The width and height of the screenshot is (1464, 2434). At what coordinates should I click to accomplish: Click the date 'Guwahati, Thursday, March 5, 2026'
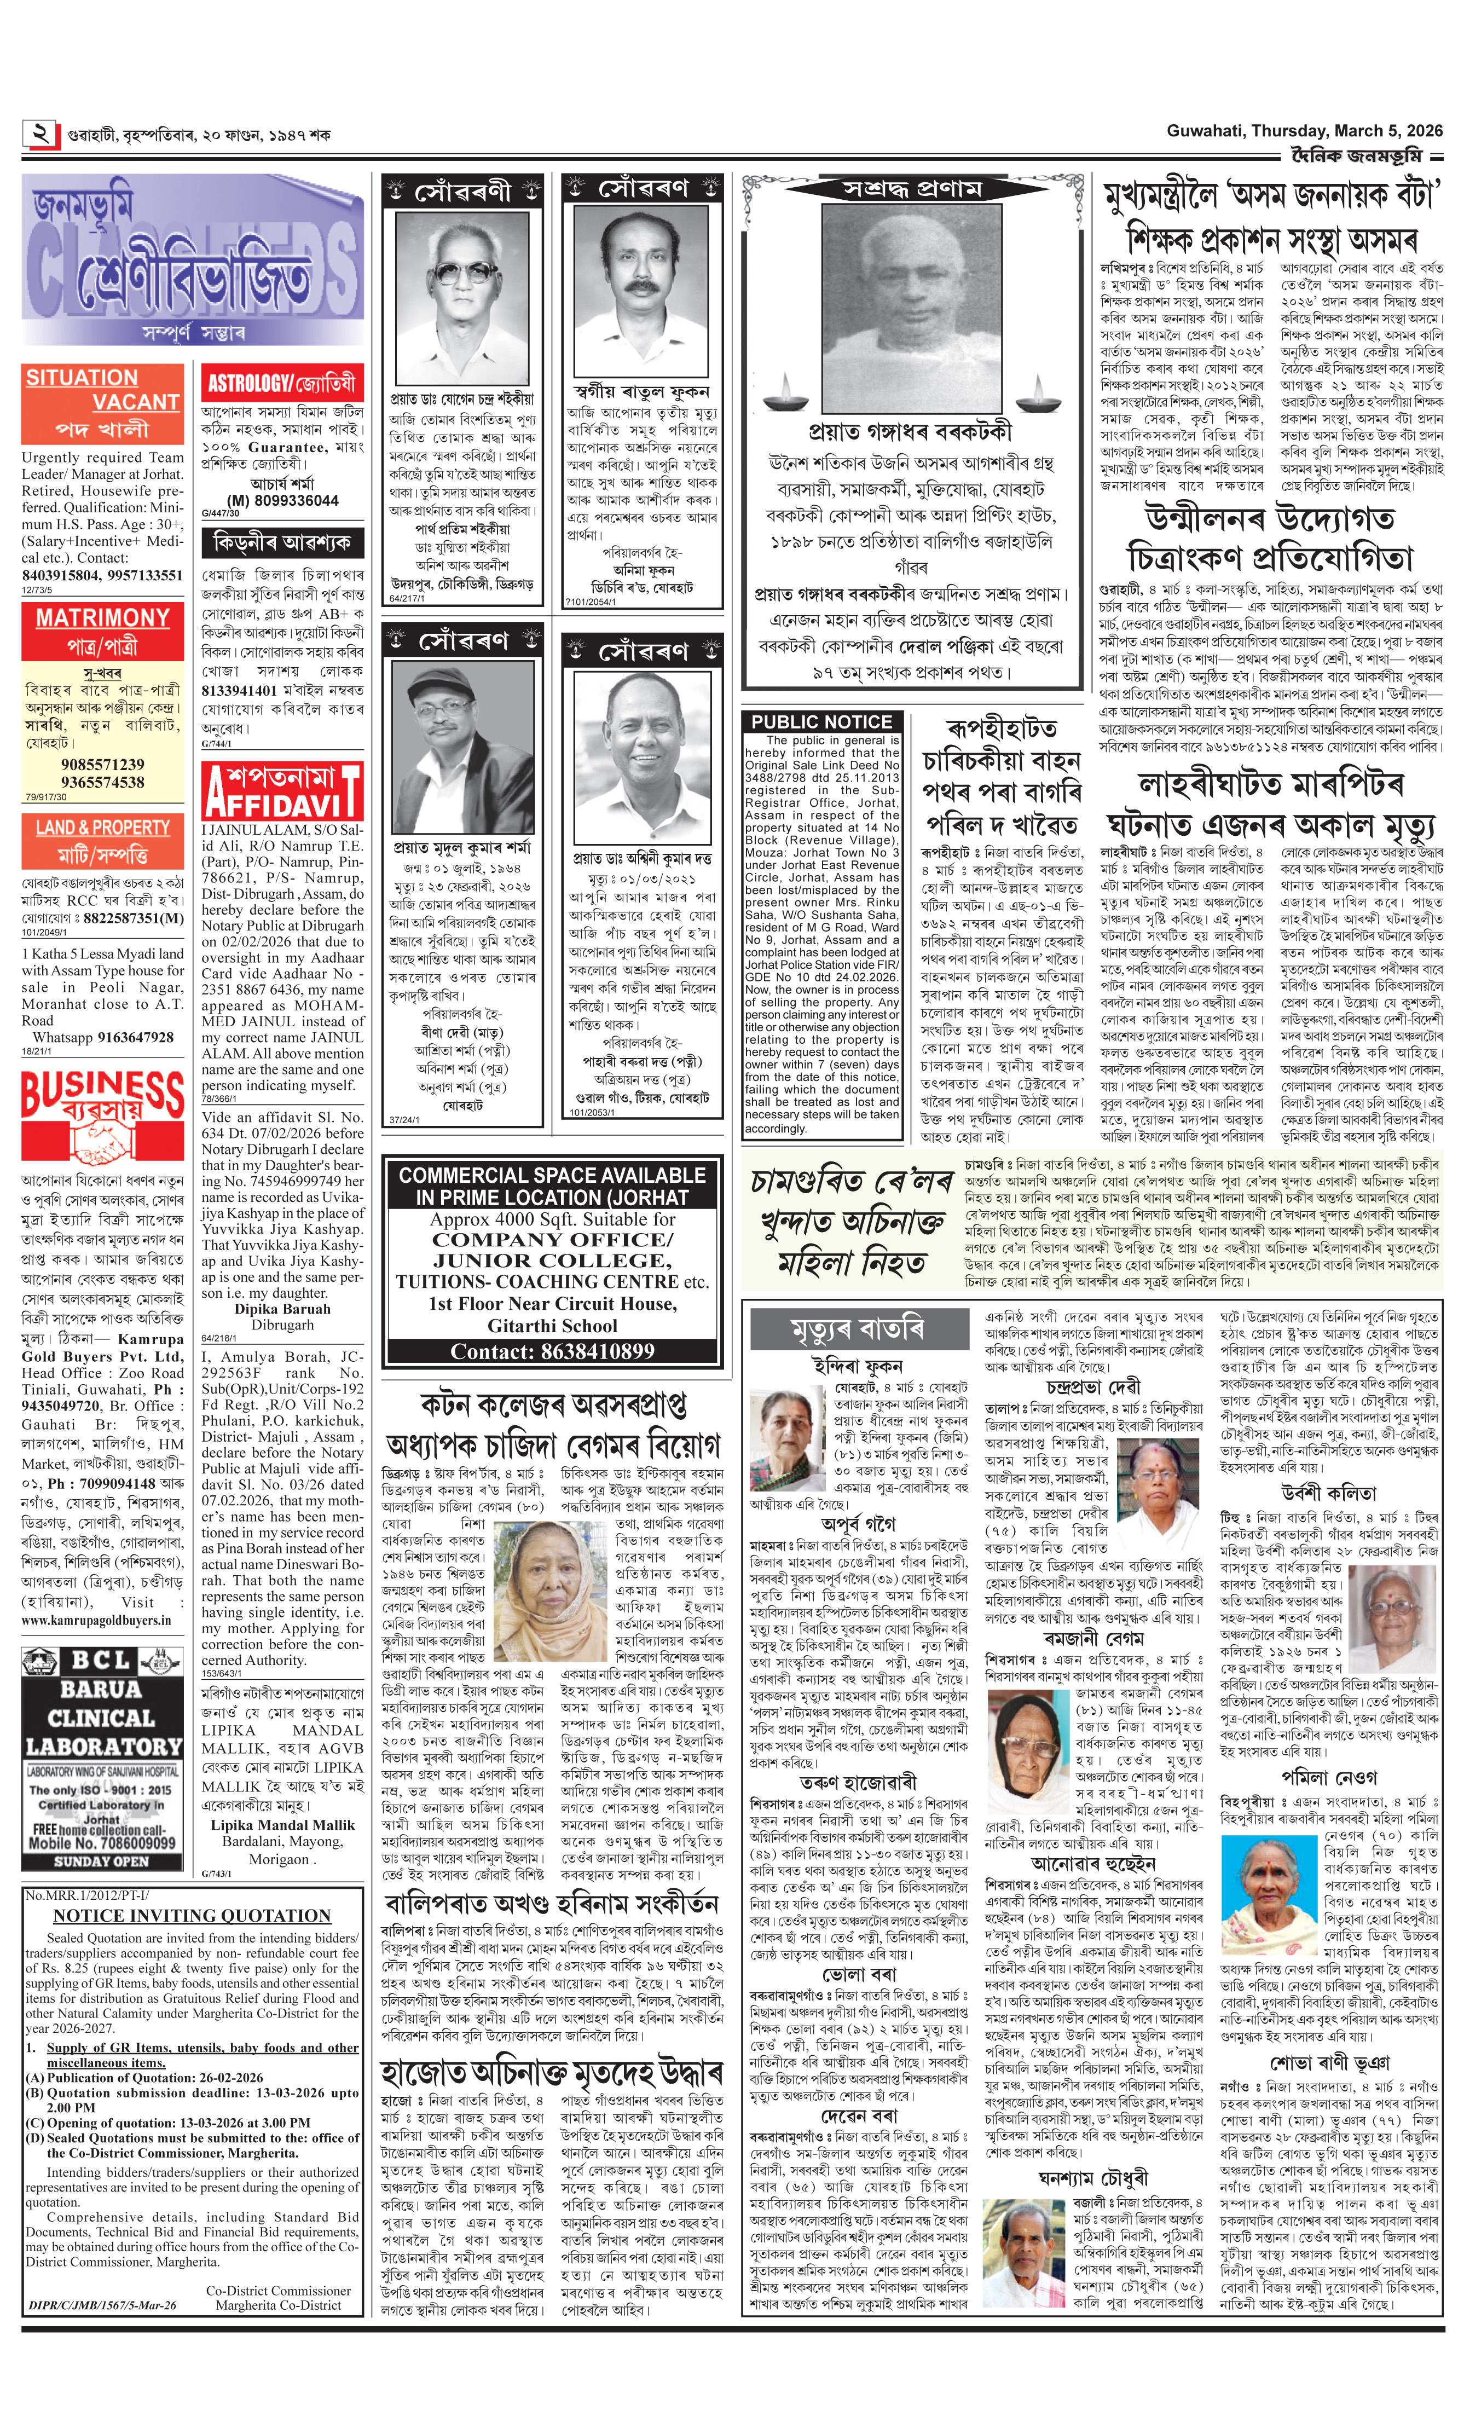point(1304,131)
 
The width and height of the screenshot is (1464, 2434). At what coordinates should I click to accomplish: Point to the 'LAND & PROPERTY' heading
point(102,828)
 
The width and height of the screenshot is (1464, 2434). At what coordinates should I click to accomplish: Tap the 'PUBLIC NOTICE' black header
point(821,721)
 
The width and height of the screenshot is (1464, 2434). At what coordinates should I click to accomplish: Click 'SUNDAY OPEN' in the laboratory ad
point(102,1861)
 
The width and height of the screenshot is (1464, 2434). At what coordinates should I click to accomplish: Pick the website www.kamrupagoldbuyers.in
point(96,1620)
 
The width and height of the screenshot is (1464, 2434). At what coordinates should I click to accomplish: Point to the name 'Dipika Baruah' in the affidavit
point(282,1309)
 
